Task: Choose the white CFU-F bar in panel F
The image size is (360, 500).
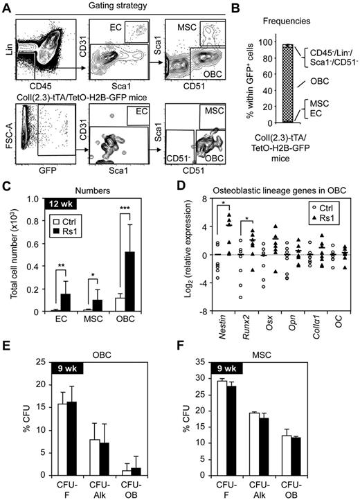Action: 244,433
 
